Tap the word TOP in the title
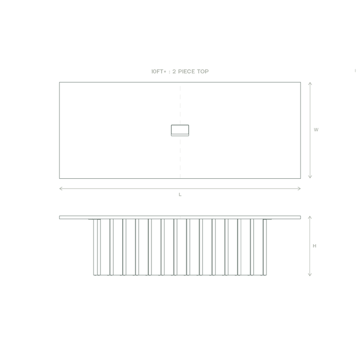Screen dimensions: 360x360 pos(203,71)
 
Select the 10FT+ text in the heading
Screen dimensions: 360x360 pos(158,71)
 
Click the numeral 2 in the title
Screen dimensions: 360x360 pos(174,71)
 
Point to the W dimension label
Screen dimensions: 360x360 pos(316,130)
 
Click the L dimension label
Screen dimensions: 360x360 pos(180,194)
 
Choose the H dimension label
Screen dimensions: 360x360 pos(314,246)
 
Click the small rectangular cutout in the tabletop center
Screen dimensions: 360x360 pos(180,130)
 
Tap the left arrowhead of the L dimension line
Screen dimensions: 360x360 pos(59,189)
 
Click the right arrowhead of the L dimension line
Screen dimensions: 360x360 pos(300,189)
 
